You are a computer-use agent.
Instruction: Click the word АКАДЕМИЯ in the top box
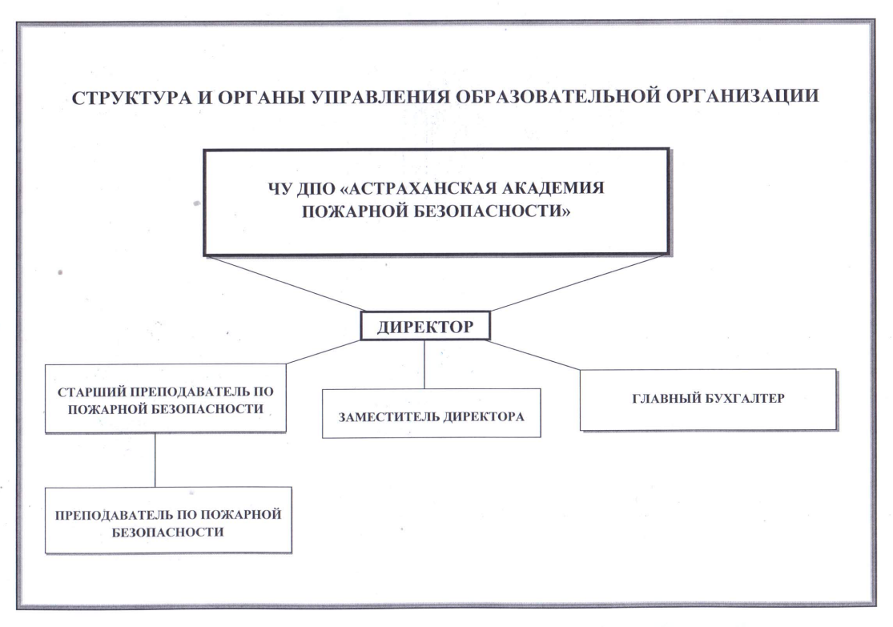[549, 187]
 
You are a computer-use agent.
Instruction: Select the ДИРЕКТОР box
[425, 326]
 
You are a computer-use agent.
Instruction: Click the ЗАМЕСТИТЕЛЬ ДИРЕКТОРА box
[431, 413]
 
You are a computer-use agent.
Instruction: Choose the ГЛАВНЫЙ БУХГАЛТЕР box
[709, 400]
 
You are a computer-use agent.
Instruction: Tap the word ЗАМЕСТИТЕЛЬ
[388, 417]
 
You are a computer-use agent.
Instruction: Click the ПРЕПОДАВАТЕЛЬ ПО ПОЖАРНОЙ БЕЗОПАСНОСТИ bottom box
[168, 520]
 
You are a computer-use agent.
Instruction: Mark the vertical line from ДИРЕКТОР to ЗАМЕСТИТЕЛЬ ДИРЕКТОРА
[424, 364]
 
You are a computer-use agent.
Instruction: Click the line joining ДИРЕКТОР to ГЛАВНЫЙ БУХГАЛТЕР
[533, 356]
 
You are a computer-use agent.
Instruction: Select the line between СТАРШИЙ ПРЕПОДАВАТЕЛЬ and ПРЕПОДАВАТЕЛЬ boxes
[155, 460]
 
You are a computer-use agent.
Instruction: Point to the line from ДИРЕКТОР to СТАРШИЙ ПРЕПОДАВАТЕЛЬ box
[323, 352]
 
